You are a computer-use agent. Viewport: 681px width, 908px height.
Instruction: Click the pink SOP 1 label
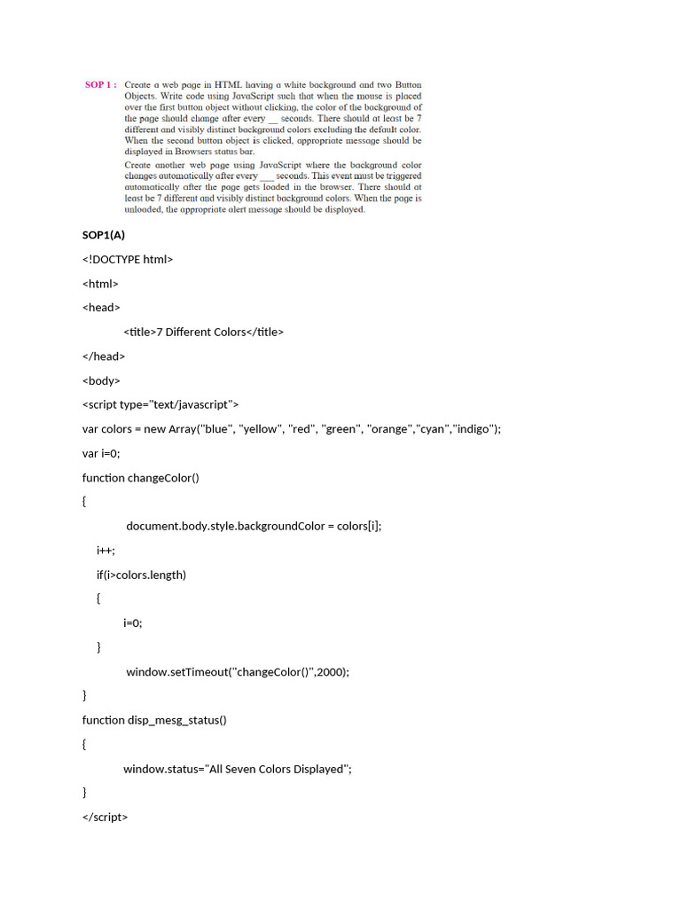pyautogui.click(x=100, y=85)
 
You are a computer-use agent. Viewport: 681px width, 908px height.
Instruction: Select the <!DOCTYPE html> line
pyautogui.click(x=128, y=259)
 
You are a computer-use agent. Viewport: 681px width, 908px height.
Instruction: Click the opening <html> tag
pyautogui.click(x=100, y=284)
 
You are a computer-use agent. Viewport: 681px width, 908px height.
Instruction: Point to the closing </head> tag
pyautogui.click(x=104, y=356)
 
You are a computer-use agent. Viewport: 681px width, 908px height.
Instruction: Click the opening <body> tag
pyautogui.click(x=101, y=380)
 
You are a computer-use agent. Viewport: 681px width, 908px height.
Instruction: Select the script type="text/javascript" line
pyautogui.click(x=160, y=404)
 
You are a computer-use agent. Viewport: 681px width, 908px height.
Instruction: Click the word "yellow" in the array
pyautogui.click(x=259, y=429)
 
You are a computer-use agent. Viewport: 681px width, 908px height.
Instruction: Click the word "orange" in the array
pyautogui.click(x=390, y=429)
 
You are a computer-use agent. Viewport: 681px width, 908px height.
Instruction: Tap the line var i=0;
pyautogui.click(x=101, y=453)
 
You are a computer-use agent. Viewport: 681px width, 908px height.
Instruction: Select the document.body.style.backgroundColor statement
pyautogui.click(x=254, y=526)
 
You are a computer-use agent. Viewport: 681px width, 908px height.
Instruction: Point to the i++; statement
pyautogui.click(x=106, y=550)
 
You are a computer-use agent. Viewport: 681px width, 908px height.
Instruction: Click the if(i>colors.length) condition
pyautogui.click(x=141, y=575)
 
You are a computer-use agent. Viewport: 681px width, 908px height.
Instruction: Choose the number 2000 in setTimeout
pyautogui.click(x=331, y=671)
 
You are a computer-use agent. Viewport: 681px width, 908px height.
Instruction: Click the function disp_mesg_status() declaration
pyautogui.click(x=154, y=720)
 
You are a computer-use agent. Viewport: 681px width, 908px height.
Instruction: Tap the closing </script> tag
pyautogui.click(x=105, y=817)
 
